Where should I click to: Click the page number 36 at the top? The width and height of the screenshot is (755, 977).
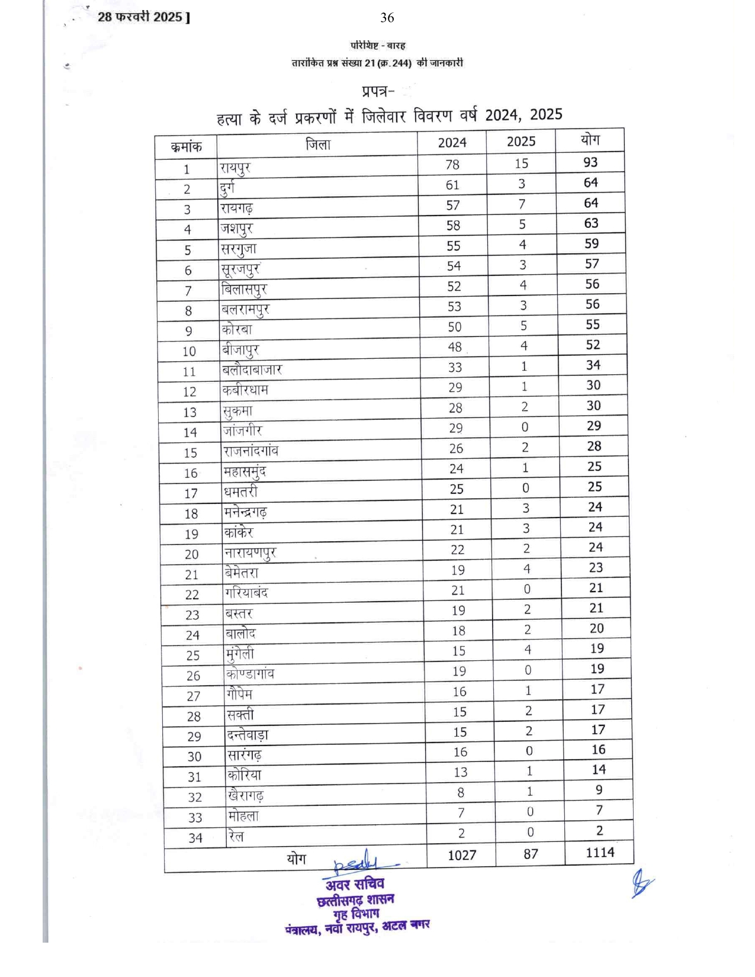[387, 18]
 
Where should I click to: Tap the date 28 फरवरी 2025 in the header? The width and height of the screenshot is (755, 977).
[140, 17]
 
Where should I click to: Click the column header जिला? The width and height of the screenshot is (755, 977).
[317, 144]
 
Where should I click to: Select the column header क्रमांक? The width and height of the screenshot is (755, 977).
[186, 147]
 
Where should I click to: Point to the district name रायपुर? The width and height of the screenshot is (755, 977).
[235, 168]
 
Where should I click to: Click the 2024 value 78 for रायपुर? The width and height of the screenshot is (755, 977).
[452, 164]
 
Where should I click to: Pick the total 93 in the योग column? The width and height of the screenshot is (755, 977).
[590, 162]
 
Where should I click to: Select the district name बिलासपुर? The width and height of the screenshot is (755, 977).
[244, 290]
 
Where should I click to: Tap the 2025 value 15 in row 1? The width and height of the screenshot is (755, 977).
[521, 163]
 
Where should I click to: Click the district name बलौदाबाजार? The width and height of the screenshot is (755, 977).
[252, 370]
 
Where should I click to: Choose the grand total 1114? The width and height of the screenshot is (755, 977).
[600, 853]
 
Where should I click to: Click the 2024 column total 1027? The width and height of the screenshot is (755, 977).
[462, 855]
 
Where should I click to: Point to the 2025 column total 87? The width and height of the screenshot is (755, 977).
[531, 854]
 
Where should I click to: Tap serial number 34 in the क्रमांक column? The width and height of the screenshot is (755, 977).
[195, 838]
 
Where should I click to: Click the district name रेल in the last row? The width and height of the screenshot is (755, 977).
[236, 836]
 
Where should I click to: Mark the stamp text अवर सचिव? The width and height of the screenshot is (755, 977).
[355, 885]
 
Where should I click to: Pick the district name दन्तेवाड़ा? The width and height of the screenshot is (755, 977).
[248, 735]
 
